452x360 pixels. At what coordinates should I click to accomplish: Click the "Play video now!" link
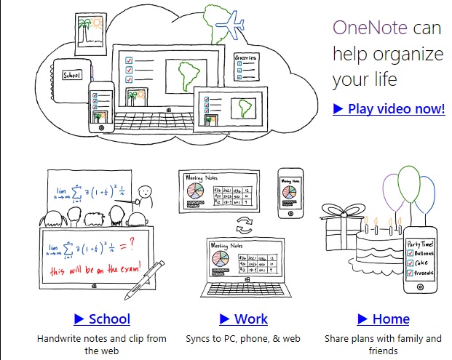click(x=389, y=109)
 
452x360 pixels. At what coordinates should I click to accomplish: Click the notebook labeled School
click(x=72, y=75)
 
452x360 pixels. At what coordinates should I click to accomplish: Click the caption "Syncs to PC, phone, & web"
click(x=243, y=339)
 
